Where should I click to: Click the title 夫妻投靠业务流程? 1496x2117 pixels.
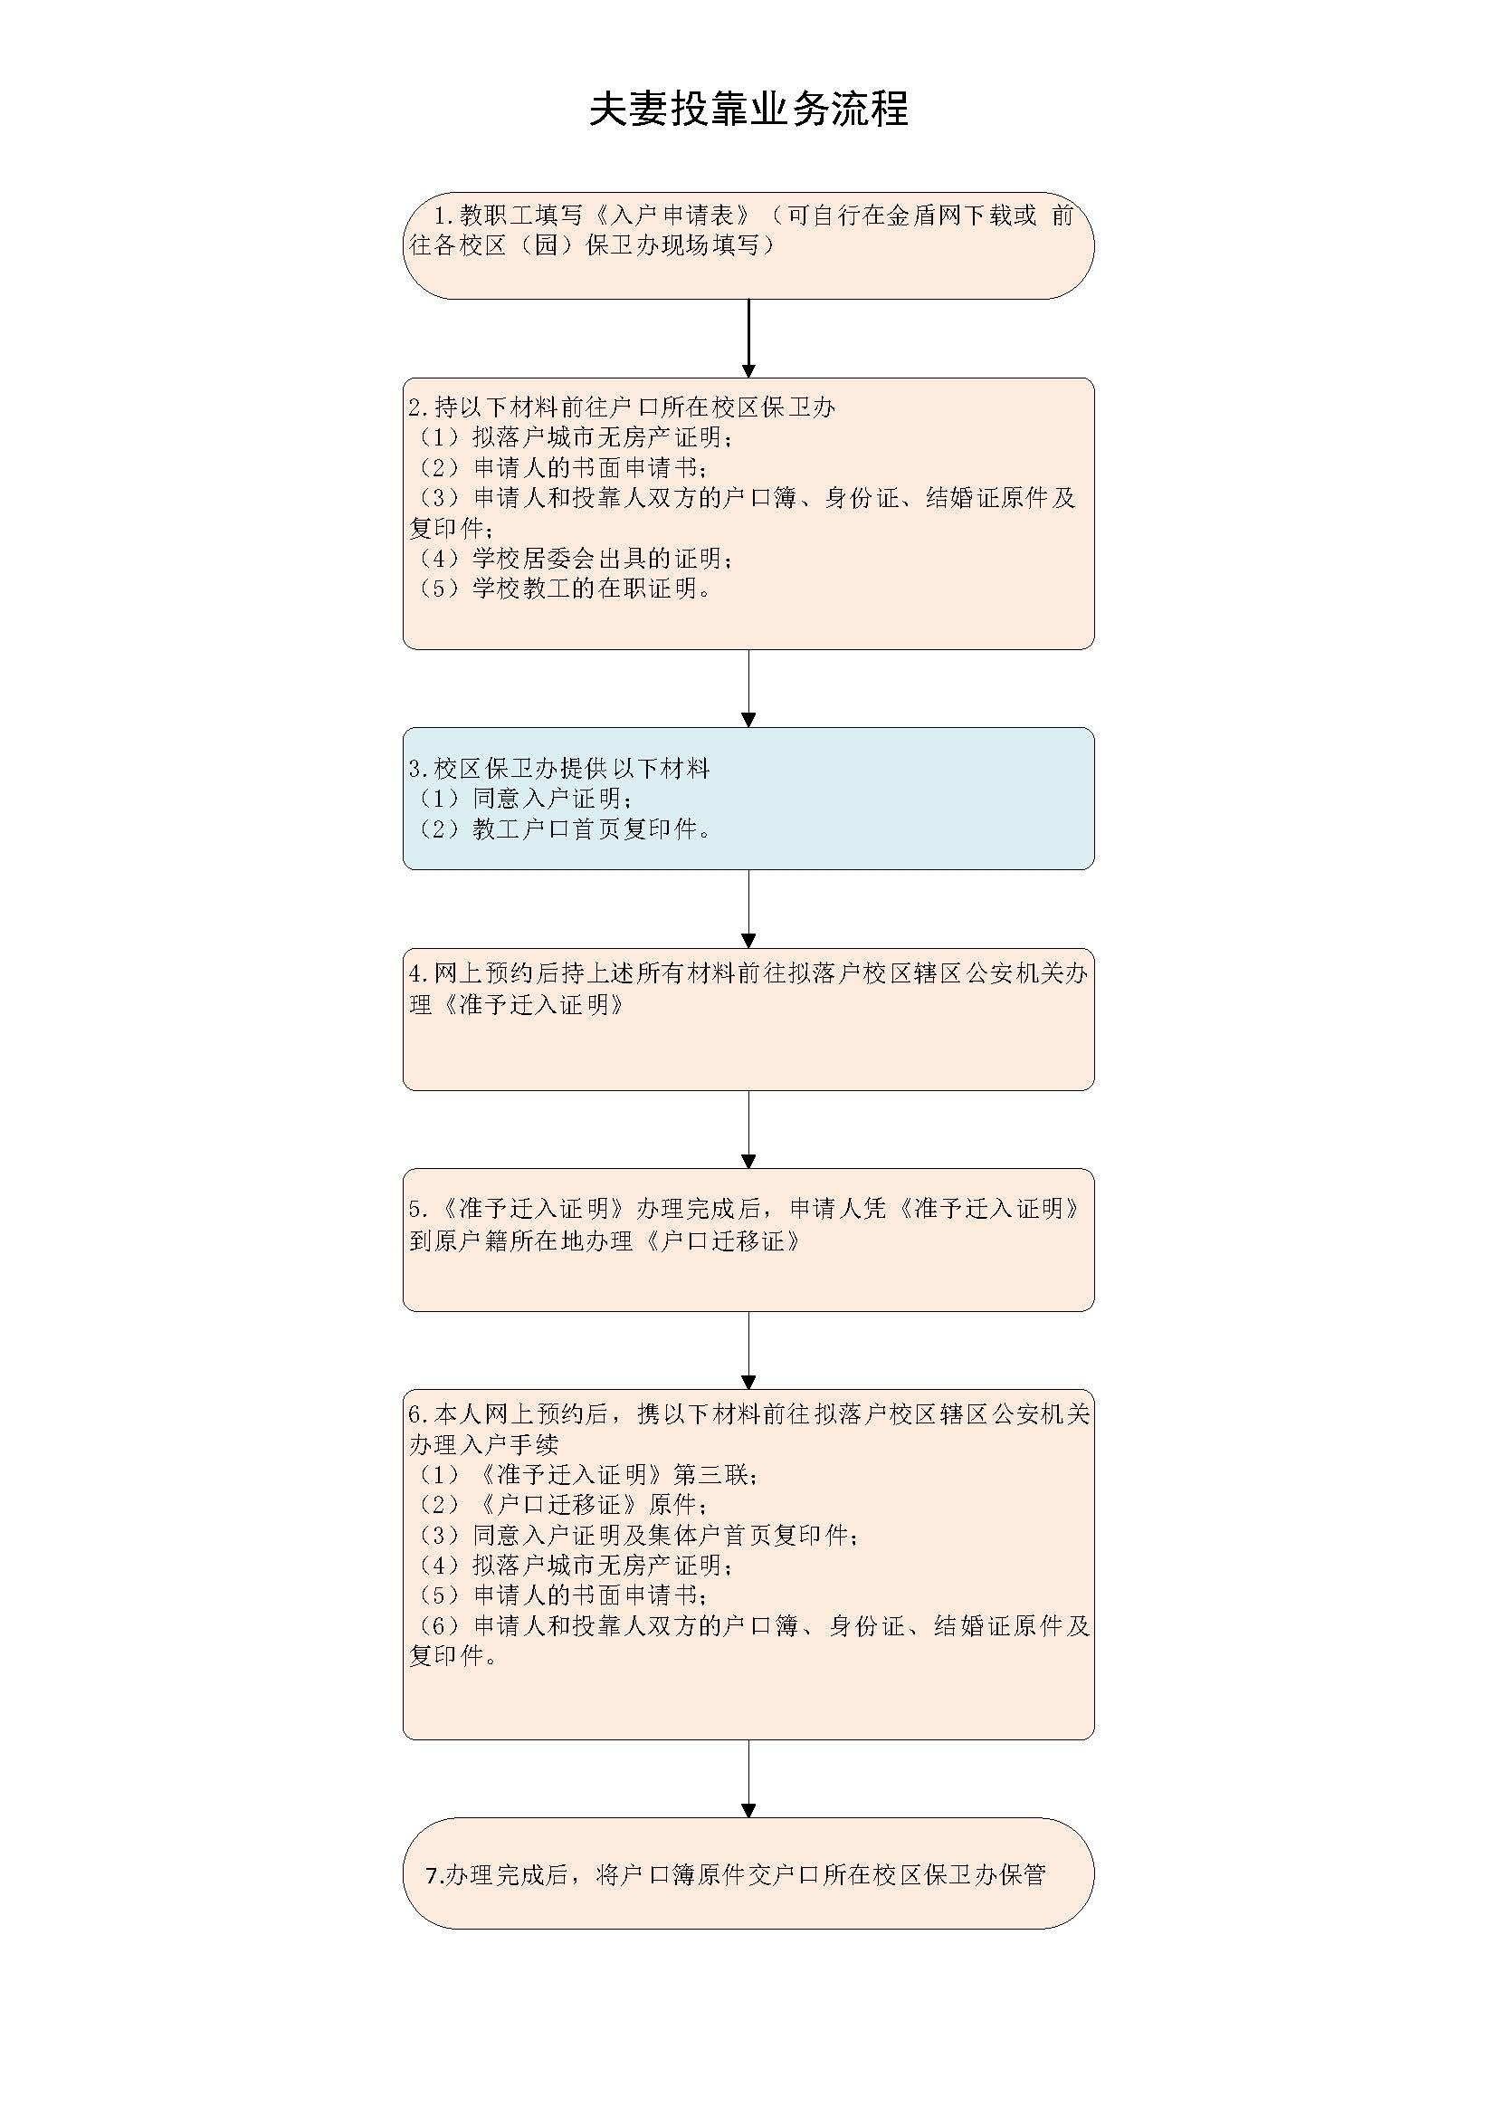pyautogui.click(x=748, y=109)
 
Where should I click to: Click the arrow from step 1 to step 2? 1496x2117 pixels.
pyautogui.click(x=748, y=338)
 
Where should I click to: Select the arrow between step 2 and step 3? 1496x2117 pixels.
pyautogui.click(x=748, y=688)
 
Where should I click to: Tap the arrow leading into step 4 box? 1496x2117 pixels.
pyautogui.click(x=748, y=908)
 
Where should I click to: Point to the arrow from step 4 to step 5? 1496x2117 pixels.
pyautogui.click(x=748, y=1129)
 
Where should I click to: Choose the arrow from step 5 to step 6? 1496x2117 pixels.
pyautogui.click(x=748, y=1350)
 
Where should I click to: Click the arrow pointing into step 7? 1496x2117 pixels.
pyautogui.click(x=748, y=1778)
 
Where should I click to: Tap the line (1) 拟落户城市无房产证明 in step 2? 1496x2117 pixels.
pyautogui.click(x=572, y=437)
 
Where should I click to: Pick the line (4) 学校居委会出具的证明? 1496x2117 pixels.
pyautogui.click(x=572, y=558)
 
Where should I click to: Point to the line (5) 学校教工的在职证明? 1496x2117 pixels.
pyautogui.click(x=561, y=589)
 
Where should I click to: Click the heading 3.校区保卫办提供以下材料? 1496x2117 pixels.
pyautogui.click(x=559, y=768)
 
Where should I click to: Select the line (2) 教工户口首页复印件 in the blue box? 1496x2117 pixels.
pyautogui.click(x=561, y=829)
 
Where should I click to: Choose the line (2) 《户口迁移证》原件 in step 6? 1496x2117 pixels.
pyautogui.click(x=559, y=1504)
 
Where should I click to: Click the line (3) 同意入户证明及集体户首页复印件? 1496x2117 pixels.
pyautogui.click(x=635, y=1534)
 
